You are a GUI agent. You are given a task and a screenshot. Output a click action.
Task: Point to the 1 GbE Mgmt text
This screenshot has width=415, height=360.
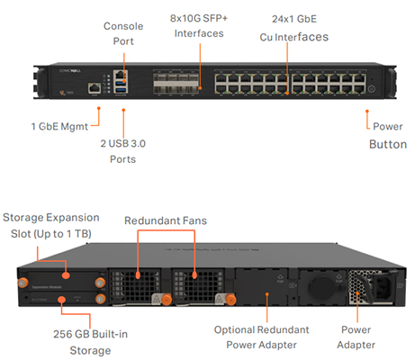(61, 125)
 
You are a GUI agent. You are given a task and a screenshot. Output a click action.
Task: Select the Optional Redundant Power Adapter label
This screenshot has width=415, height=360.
(267, 336)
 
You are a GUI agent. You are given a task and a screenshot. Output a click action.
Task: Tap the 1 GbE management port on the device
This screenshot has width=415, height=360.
(94, 88)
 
